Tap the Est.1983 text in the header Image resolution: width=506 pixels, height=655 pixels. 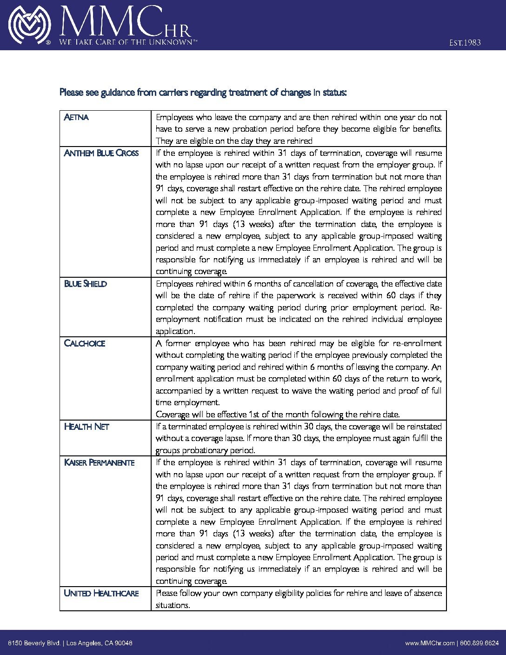(465, 43)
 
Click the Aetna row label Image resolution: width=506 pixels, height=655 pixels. (76, 117)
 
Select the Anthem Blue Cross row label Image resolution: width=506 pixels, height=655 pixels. (101, 153)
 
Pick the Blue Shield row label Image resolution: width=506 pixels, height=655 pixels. (85, 284)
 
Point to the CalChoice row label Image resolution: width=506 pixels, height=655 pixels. (85, 343)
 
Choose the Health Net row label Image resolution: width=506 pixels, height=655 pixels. (87, 427)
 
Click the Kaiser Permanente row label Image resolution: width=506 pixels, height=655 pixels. (99, 462)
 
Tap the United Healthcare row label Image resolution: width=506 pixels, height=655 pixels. (101, 593)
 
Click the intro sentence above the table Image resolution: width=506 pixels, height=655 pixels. (203, 93)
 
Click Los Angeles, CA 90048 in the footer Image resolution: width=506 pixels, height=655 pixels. (100, 643)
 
